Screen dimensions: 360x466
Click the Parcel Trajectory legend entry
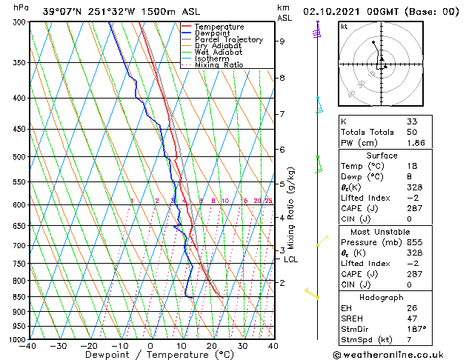coord(228,39)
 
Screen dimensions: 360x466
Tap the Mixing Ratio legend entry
coord(219,65)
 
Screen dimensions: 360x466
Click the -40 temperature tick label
coord(28,345)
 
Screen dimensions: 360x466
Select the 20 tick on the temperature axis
coord(212,345)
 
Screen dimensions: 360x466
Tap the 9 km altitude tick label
coord(282,41)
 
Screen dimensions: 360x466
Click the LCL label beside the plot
coord(290,259)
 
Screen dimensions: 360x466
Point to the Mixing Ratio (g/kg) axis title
coord(291,208)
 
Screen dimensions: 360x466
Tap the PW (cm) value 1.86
coord(416,141)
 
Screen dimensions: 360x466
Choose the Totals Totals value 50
coord(412,131)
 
